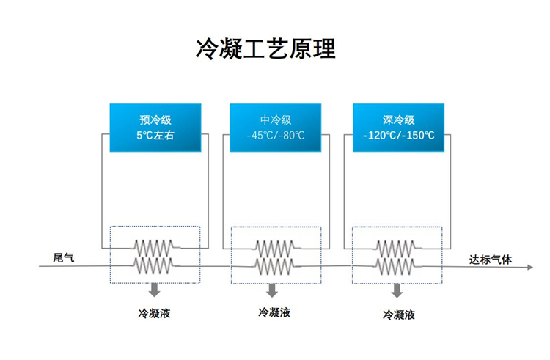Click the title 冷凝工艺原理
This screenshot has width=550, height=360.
coord(265,48)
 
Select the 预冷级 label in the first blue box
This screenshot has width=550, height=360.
coord(155,120)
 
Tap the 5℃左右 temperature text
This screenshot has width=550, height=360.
coord(155,135)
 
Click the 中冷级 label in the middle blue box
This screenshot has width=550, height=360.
coord(276,120)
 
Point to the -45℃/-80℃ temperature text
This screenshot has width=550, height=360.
coord(276,135)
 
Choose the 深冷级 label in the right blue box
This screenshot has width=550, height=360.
coord(399,120)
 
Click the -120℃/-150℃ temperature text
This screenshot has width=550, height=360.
coord(399,135)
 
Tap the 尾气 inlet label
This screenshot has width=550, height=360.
coord(64,257)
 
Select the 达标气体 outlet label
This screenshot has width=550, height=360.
coord(491,260)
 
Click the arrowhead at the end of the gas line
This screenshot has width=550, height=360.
coord(530,267)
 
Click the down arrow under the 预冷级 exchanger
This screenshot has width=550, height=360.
coord(154,290)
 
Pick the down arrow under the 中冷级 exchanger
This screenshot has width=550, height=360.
coord(272,290)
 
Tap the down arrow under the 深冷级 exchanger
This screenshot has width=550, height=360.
coord(397,291)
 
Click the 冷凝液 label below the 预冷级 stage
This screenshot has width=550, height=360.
coord(154,313)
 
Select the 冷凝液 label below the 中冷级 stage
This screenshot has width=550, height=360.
coord(274,312)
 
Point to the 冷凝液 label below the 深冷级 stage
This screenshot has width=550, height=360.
coord(399,315)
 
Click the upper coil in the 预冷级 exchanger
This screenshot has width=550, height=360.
coord(154,248)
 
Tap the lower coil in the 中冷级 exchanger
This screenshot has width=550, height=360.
coord(275,267)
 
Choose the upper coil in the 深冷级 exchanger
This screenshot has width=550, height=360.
coord(396,249)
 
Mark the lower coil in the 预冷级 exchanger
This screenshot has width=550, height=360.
coord(154,266)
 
